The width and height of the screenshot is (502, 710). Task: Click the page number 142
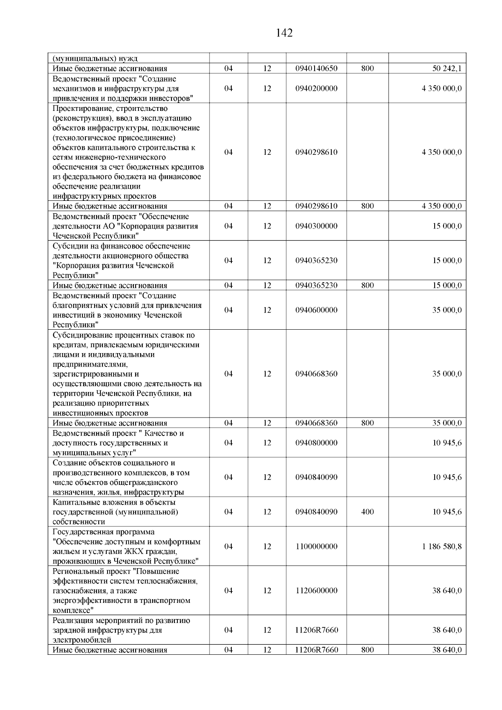click(284, 33)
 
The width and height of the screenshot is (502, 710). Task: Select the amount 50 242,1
click(447, 69)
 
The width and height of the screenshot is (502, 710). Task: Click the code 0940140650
click(316, 69)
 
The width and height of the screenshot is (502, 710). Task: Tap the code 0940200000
click(316, 89)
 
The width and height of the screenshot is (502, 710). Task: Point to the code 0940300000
click(316, 226)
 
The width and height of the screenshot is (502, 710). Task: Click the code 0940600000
click(316, 310)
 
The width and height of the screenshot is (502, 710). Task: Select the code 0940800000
click(316, 443)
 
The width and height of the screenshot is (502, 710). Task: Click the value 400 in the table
click(367, 512)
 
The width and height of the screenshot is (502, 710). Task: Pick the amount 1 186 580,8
click(442, 546)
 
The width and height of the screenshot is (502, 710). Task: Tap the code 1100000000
click(316, 546)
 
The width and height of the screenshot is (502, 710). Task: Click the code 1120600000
click(316, 590)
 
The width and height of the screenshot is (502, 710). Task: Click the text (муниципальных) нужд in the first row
click(95, 59)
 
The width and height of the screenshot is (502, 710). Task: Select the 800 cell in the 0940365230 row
click(367, 285)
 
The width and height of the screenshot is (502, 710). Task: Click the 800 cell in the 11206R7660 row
click(367, 650)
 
